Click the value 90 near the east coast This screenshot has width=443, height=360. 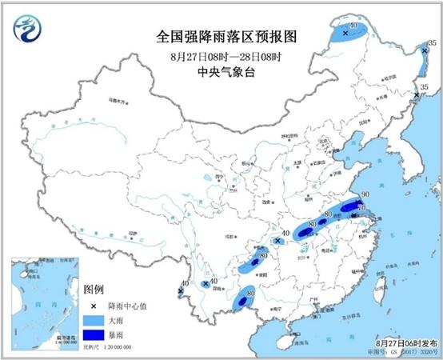click(x=365, y=195)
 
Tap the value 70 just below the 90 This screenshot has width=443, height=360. click(x=361, y=208)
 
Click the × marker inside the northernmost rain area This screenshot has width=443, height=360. click(x=345, y=34)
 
